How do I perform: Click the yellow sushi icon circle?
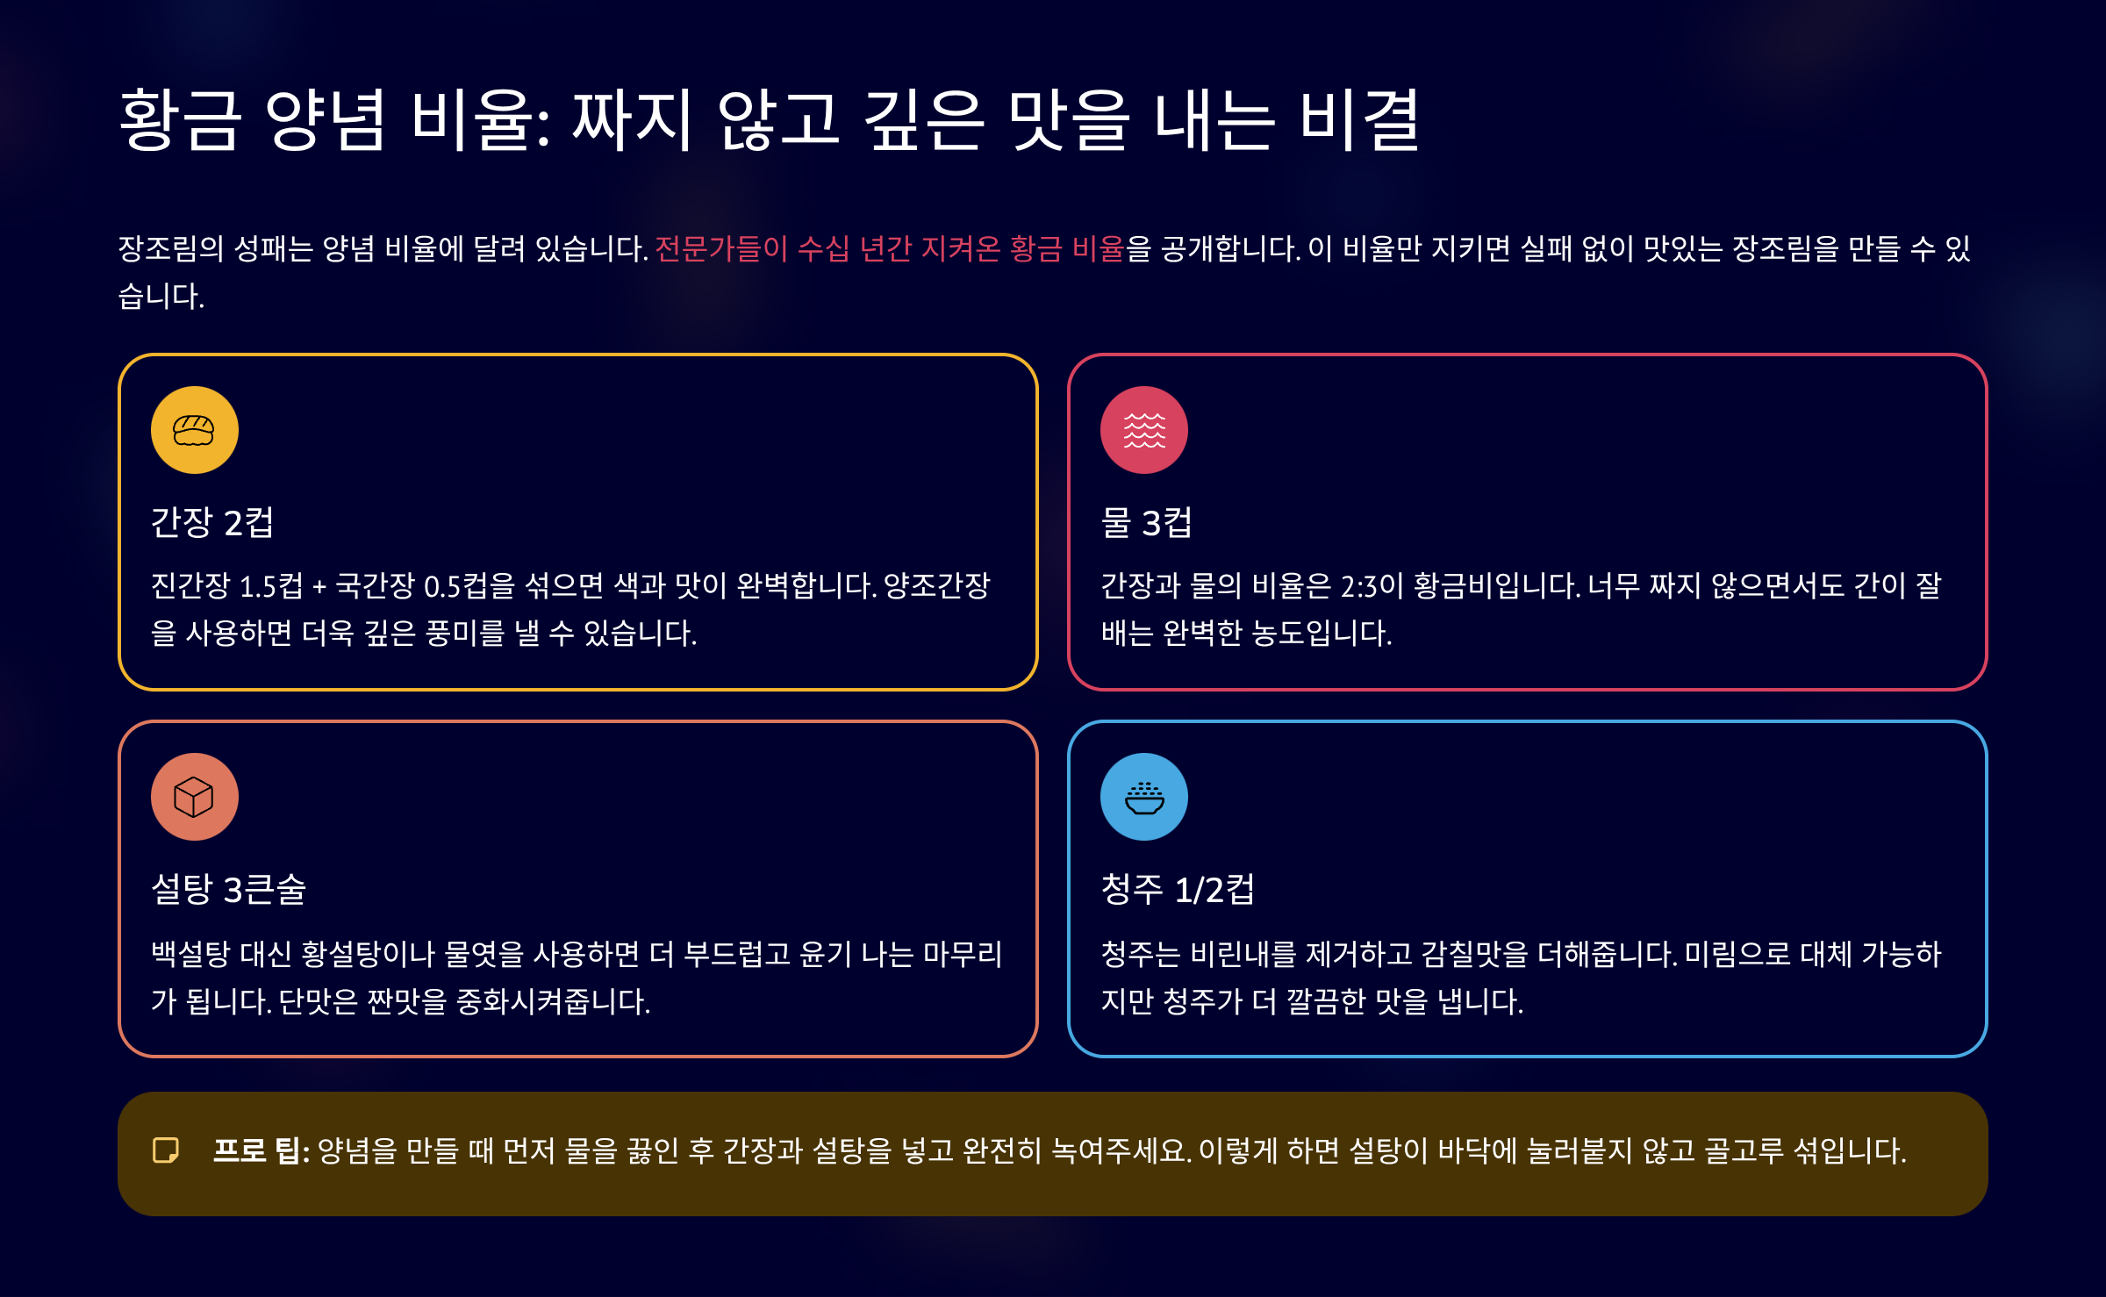tap(194, 430)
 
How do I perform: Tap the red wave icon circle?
tap(1143, 430)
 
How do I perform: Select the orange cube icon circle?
tap(194, 797)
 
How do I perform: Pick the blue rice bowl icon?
tap(1143, 797)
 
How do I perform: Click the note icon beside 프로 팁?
tap(166, 1150)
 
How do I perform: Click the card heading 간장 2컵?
tap(212, 523)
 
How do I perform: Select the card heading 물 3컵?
tap(1146, 523)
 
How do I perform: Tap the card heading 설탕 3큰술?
tap(228, 890)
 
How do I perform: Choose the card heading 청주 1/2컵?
tap(1178, 890)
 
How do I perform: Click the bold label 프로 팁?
tap(261, 1150)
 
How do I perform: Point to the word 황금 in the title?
tap(179, 120)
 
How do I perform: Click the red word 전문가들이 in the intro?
tap(721, 249)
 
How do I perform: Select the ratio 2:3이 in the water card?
tap(1372, 585)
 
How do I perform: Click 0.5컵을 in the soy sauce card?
tap(469, 585)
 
